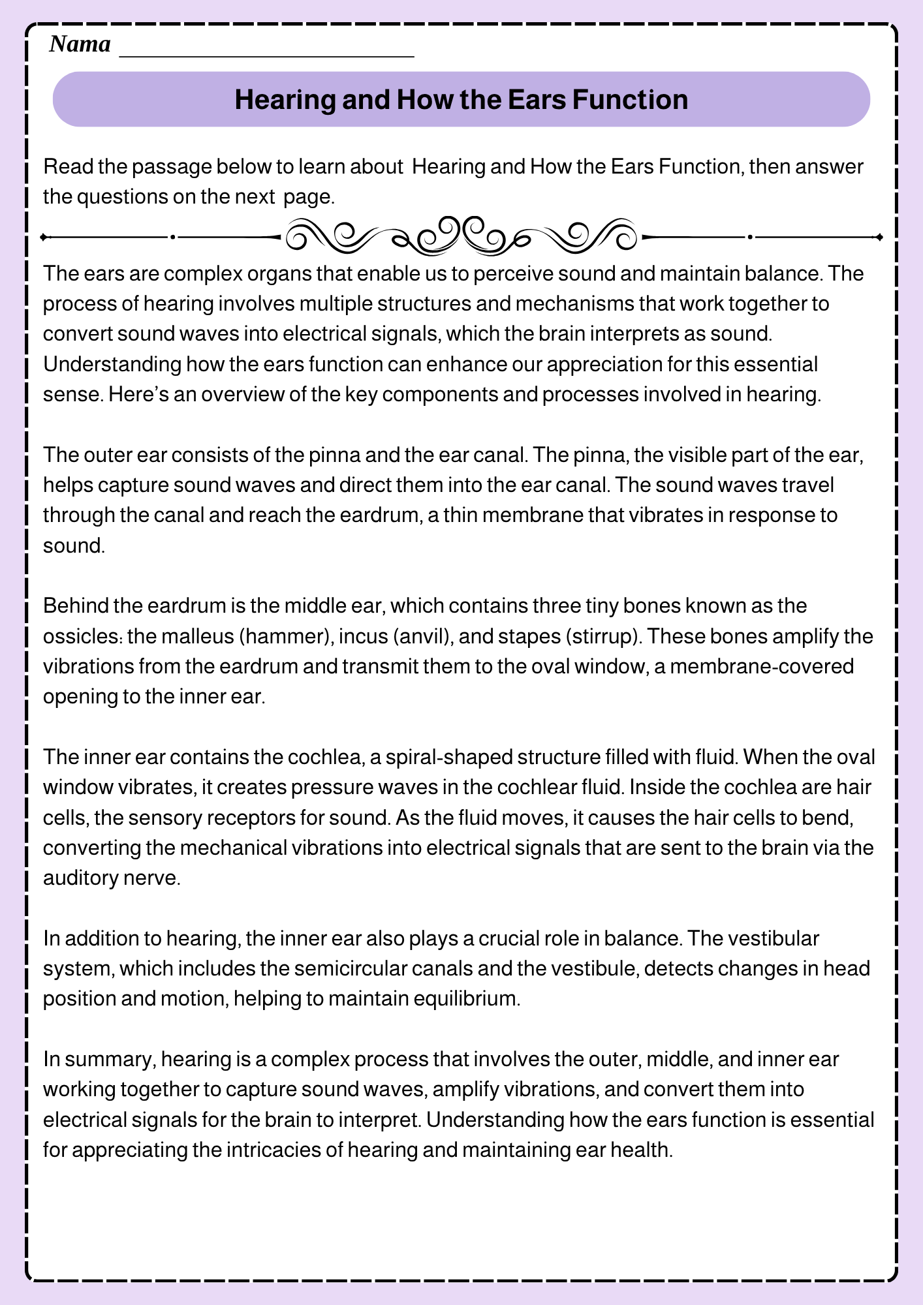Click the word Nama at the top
(80, 44)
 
